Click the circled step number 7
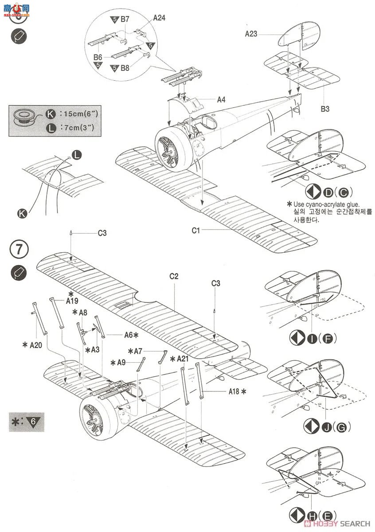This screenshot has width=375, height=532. coord(19,249)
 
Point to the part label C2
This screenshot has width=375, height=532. coord(174,276)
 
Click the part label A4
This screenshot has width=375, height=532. coord(222,100)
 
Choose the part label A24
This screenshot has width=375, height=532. coord(160,18)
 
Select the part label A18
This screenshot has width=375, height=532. coord(234,391)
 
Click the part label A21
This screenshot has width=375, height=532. coord(183,359)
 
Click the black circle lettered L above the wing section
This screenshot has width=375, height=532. coord(77,155)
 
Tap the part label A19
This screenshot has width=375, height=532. coord(72,301)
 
